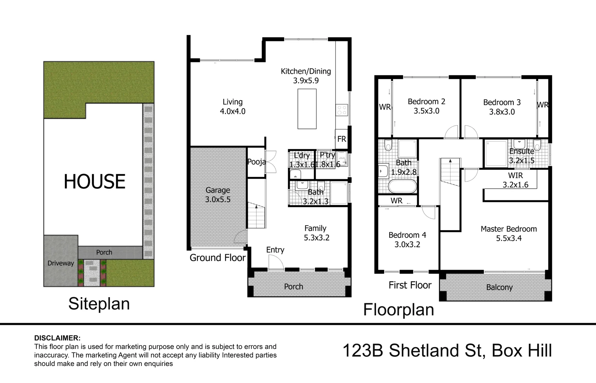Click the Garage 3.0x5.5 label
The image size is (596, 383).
pyautogui.click(x=218, y=195)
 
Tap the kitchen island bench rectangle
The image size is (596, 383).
pyautogui.click(x=307, y=109)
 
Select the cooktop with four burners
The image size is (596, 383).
pyautogui.click(x=342, y=110)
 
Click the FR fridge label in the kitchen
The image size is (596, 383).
pyautogui.click(x=342, y=139)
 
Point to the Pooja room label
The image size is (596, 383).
pyautogui.click(x=256, y=162)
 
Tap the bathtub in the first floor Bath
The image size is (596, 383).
pyautogui.click(x=402, y=186)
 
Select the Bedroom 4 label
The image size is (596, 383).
pyautogui.click(x=407, y=235)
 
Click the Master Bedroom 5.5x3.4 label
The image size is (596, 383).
pyautogui.click(x=509, y=233)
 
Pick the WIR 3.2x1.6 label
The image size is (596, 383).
pyautogui.click(x=515, y=180)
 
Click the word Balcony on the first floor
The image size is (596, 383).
pyautogui.click(x=499, y=288)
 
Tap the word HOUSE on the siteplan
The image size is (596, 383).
pyautogui.click(x=94, y=182)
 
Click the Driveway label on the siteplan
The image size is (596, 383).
pyautogui.click(x=61, y=263)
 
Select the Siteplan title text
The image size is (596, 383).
pyautogui.click(x=99, y=304)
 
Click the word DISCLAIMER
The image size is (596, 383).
pyautogui.click(x=57, y=338)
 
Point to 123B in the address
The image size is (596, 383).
pyautogui.click(x=363, y=350)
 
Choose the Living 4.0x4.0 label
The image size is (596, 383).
pyautogui.click(x=233, y=106)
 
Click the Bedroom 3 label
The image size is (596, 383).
pyautogui.click(x=502, y=107)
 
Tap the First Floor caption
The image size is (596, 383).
pyautogui.click(x=410, y=285)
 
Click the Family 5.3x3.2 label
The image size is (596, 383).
pyautogui.click(x=316, y=233)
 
